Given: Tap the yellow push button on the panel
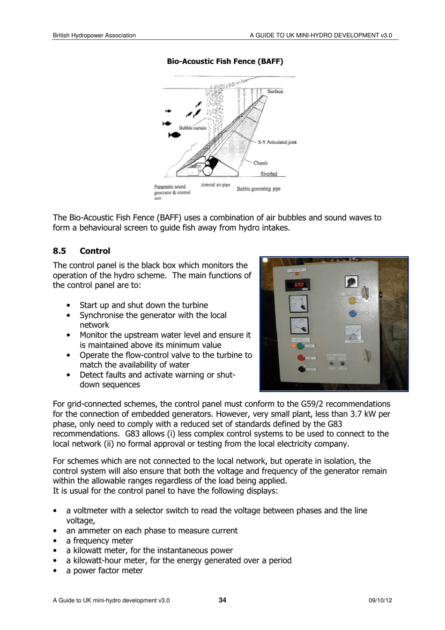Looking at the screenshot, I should click(x=353, y=300).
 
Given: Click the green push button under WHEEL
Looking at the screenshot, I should click(x=300, y=346).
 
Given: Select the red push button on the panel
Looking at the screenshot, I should click(x=301, y=358).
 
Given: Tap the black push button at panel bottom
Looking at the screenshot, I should click(x=302, y=369).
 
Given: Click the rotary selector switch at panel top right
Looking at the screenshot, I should click(x=351, y=281).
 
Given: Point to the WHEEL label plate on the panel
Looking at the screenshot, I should click(x=300, y=339).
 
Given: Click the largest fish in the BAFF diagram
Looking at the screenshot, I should click(x=174, y=135).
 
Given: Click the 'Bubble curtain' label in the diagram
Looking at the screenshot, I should click(x=193, y=128).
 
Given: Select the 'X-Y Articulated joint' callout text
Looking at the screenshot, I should click(x=277, y=142).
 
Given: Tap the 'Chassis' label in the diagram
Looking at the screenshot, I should click(x=260, y=163).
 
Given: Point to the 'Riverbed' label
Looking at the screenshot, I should click(x=268, y=174).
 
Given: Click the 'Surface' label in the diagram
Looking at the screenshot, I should click(x=275, y=91).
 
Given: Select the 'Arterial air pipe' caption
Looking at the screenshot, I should click(x=215, y=185).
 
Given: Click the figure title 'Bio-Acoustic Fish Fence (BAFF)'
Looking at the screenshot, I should click(x=225, y=61).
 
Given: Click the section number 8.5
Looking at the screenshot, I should click(x=59, y=251).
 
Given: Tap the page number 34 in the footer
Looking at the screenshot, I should click(x=222, y=600).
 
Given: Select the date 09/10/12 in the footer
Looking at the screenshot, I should click(x=380, y=600).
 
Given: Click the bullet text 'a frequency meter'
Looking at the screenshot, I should click(x=99, y=540).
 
